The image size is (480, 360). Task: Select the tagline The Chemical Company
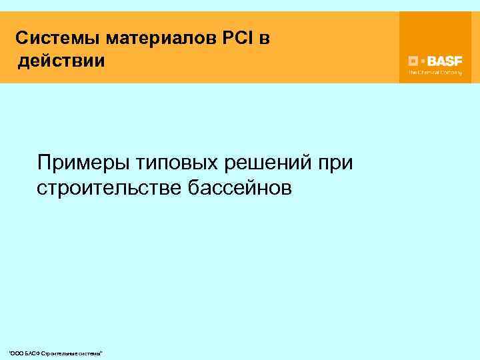[x=435, y=72]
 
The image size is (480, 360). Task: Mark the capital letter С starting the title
[x=21, y=38]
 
